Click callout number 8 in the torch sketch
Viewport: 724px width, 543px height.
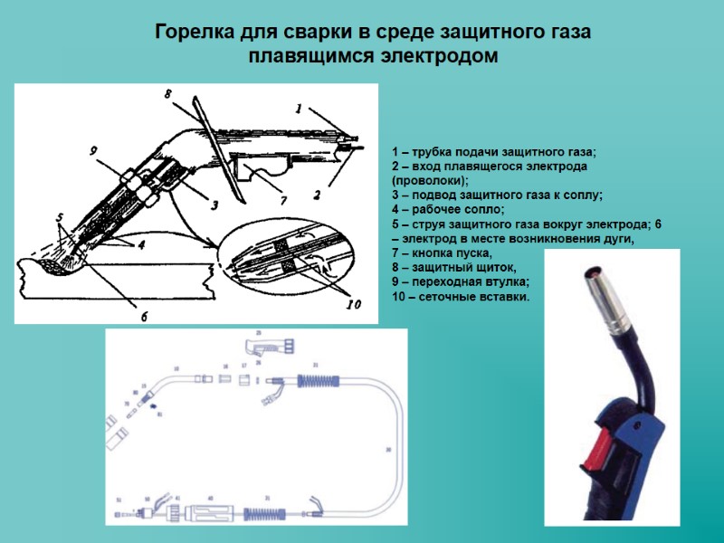click(x=168, y=93)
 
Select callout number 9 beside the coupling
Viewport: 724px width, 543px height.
click(x=92, y=151)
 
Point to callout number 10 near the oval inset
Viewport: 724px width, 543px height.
click(x=354, y=306)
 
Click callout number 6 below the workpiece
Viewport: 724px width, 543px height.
click(x=143, y=316)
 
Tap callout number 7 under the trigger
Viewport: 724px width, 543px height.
click(x=282, y=201)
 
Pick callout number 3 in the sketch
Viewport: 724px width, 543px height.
click(x=214, y=205)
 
